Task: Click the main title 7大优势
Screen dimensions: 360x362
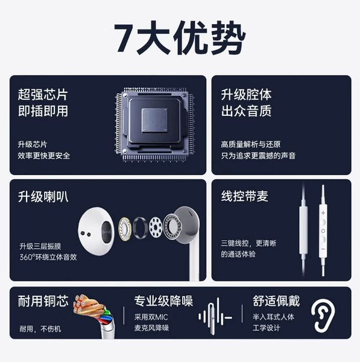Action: click(x=180, y=37)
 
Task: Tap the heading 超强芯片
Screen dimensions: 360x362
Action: click(x=43, y=95)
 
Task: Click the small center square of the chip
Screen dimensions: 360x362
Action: click(x=154, y=120)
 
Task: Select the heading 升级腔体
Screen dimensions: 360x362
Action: click(x=246, y=95)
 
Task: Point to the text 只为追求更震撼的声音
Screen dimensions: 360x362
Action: click(x=258, y=156)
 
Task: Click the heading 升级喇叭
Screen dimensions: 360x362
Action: click(x=43, y=197)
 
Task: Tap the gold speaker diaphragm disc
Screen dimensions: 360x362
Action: click(x=125, y=229)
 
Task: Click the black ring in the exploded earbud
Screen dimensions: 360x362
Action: click(x=140, y=228)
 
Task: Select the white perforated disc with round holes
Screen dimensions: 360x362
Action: click(x=156, y=227)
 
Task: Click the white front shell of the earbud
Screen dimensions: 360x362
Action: click(x=96, y=231)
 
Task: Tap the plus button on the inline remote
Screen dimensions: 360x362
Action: click(x=323, y=213)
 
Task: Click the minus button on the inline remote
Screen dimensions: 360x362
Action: click(x=323, y=249)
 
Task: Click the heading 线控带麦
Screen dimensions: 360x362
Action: click(x=245, y=196)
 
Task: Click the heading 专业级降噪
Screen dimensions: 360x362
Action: click(x=163, y=301)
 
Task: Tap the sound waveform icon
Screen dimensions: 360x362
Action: click(x=215, y=316)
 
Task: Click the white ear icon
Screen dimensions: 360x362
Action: click(x=323, y=316)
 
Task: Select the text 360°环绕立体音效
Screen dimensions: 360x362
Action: click(x=48, y=257)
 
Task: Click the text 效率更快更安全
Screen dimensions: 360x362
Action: click(x=44, y=156)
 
